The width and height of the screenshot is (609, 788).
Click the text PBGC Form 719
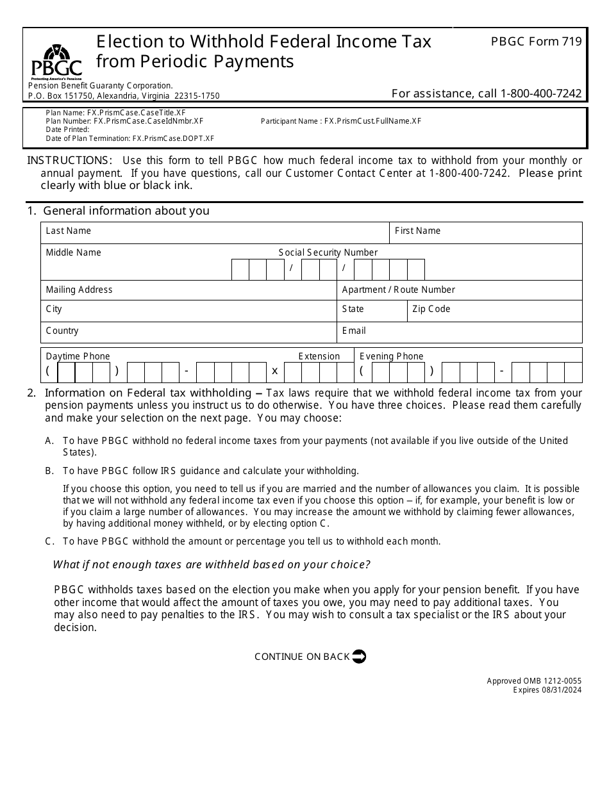tap(536, 42)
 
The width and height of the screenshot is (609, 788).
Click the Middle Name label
tap(74, 252)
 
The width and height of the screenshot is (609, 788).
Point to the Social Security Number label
tap(328, 252)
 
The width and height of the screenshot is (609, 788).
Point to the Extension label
tap(319, 356)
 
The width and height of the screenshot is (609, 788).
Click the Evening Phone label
tap(391, 356)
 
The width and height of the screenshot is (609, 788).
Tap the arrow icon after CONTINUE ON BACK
tap(359, 656)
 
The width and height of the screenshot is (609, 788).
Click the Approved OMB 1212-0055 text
tap(534, 681)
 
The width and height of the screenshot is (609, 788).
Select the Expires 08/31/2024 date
tap(547, 689)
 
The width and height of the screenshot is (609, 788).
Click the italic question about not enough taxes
tap(212, 564)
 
